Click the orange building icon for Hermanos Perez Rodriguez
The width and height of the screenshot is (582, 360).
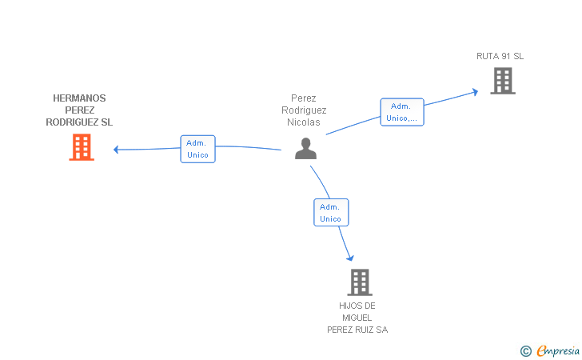pyautogui.click(x=82, y=147)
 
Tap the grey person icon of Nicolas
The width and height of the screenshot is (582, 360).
pyautogui.click(x=305, y=148)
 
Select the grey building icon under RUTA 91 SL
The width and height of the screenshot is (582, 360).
pyautogui.click(x=503, y=81)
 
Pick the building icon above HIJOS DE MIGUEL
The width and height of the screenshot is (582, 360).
pyautogui.click(x=360, y=282)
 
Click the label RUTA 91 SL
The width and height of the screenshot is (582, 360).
pyautogui.click(x=500, y=56)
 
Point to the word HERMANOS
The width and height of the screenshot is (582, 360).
pyautogui.click(x=79, y=98)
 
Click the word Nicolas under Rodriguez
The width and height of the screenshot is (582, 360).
pyautogui.click(x=304, y=122)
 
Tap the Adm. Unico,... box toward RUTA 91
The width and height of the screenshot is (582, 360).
pyautogui.click(x=401, y=112)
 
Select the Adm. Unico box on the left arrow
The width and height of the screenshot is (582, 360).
pyautogui.click(x=197, y=149)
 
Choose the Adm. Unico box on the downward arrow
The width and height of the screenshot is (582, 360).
pyautogui.click(x=330, y=212)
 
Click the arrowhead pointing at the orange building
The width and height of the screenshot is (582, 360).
pyautogui.click(x=117, y=149)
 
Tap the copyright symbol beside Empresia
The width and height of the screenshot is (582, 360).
pyautogui.click(x=525, y=350)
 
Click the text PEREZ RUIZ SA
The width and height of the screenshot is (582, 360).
pyautogui.click(x=357, y=330)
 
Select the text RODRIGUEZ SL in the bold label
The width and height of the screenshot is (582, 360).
pyautogui.click(x=79, y=122)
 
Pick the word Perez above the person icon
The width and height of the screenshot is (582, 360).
pyautogui.click(x=304, y=98)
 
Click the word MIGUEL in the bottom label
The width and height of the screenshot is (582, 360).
pyautogui.click(x=357, y=318)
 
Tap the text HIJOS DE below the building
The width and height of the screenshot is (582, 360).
pyautogui.click(x=357, y=306)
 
